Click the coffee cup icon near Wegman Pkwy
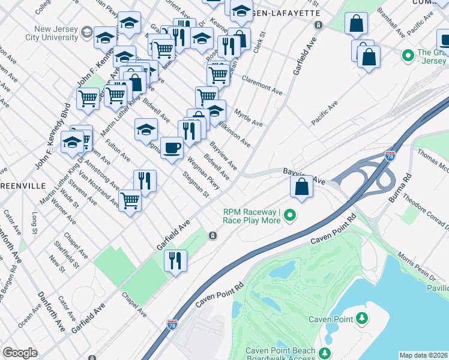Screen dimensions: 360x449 [172, 147]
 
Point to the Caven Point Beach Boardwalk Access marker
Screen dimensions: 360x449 [325, 353]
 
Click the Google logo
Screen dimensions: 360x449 [20, 353]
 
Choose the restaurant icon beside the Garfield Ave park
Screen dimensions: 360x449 [175, 260]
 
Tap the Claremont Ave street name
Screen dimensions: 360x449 [262, 85]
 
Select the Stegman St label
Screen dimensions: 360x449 [197, 186]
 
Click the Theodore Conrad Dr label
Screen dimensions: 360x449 [426, 209]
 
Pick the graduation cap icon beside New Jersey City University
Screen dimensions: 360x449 [105, 37]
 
